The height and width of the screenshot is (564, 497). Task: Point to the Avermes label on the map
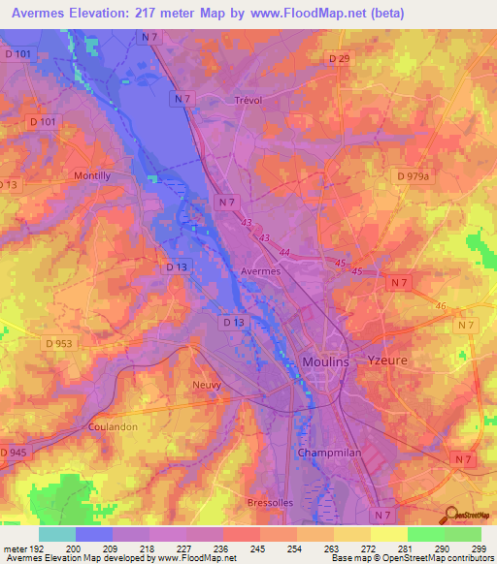(x=260, y=272)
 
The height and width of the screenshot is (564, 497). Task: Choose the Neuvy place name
(x=206, y=384)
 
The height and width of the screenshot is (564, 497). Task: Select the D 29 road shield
(x=339, y=59)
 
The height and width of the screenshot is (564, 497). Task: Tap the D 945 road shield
(x=14, y=453)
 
